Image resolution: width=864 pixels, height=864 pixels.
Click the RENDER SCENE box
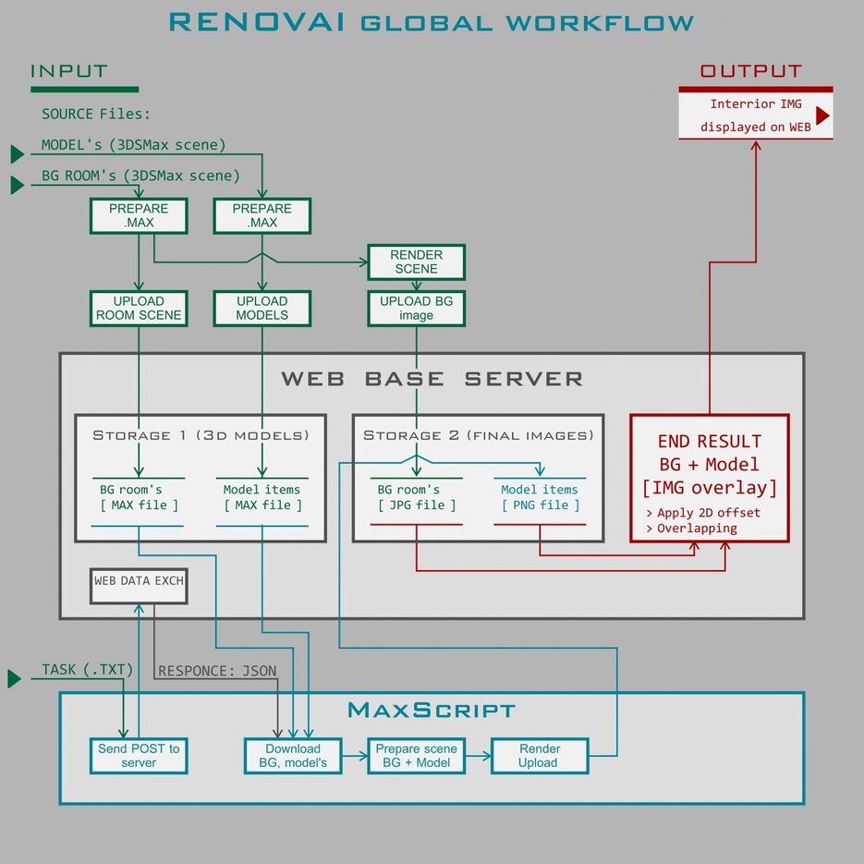coord(416,262)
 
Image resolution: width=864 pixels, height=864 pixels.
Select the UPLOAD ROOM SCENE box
coord(139,308)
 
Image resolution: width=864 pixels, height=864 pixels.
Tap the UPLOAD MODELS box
coord(262,308)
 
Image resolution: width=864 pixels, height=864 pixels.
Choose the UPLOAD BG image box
coord(416,308)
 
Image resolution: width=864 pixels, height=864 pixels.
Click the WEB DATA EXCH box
coord(139,582)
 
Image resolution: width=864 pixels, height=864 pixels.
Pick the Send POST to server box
coord(139,755)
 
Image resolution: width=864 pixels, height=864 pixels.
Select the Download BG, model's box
coord(292,755)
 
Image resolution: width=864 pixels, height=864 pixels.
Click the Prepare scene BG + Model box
coord(416,755)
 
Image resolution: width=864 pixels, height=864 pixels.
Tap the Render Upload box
coord(539,755)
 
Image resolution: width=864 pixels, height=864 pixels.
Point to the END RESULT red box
coord(709,478)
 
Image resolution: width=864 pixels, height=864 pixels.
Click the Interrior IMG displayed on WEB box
coord(755,115)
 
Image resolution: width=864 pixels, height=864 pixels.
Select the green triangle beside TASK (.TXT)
coord(14,679)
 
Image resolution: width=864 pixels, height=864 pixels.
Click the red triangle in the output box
coord(822,116)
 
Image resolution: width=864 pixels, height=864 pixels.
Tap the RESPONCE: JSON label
coord(217,671)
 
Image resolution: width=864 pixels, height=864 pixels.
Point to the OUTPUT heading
coord(750,71)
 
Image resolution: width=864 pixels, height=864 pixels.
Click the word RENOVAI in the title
coord(257,22)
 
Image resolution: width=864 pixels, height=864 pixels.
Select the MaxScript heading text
coord(431,710)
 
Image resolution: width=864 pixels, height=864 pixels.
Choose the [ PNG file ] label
coord(540,505)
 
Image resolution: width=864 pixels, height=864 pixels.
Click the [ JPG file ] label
coord(416,505)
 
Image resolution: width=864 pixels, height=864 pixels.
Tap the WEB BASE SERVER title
coord(432,379)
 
